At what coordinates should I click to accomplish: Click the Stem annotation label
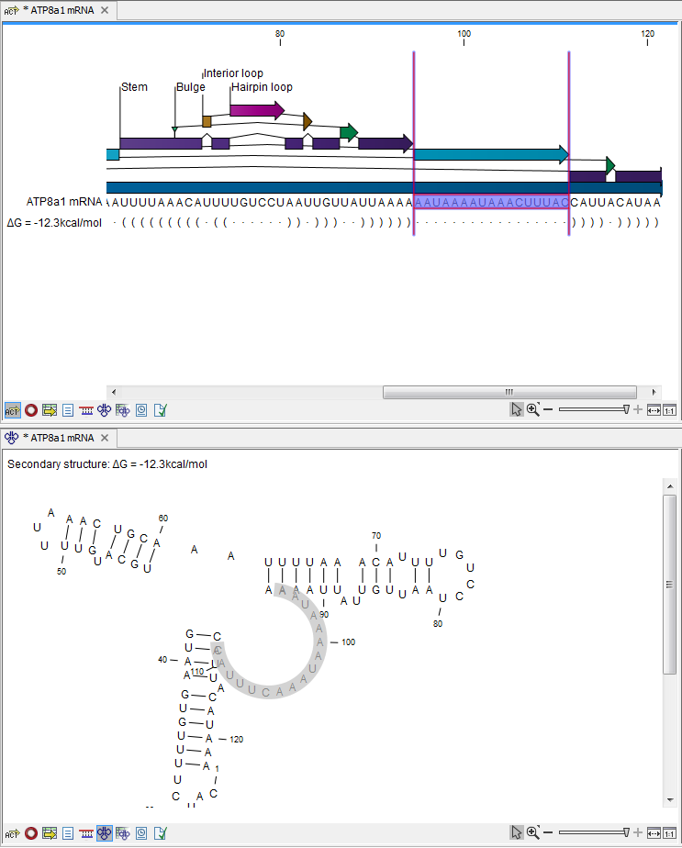pyautogui.click(x=135, y=87)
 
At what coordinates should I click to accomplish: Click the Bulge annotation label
pyautogui.click(x=191, y=87)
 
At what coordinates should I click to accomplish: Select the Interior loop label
pyautogui.click(x=233, y=73)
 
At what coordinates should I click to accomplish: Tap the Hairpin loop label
pyautogui.click(x=262, y=87)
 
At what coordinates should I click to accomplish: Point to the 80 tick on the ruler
pyautogui.click(x=280, y=34)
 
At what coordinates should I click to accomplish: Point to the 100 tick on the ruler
pyautogui.click(x=464, y=34)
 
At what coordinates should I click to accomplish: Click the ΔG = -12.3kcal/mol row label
pyautogui.click(x=53, y=222)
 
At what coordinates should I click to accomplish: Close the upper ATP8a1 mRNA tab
pyautogui.click(x=104, y=10)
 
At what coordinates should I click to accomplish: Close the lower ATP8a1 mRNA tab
pyautogui.click(x=104, y=438)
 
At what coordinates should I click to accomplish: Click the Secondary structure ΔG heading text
pyautogui.click(x=107, y=464)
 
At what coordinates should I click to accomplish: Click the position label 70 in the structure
pyautogui.click(x=376, y=535)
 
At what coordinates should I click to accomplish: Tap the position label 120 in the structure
pyautogui.click(x=237, y=739)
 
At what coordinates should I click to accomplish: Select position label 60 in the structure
pyautogui.click(x=163, y=519)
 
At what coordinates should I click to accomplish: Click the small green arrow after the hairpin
pyautogui.click(x=349, y=132)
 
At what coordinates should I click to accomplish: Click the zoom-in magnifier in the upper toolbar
pyautogui.click(x=532, y=410)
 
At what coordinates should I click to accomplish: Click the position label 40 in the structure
pyautogui.click(x=162, y=660)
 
